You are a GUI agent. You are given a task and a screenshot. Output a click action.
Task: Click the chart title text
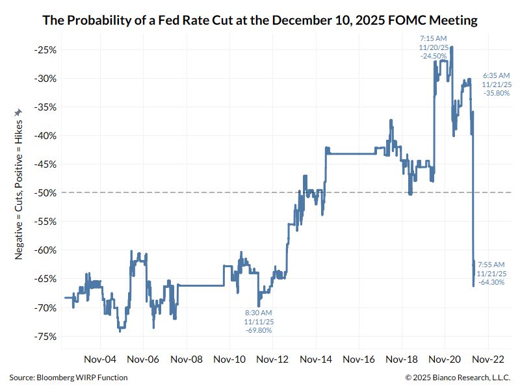260,21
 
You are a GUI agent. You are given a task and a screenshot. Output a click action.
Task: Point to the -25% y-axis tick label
46,50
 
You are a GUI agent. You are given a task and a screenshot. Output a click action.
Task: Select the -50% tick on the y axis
46,193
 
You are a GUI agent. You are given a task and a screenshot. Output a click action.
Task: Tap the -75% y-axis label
46,336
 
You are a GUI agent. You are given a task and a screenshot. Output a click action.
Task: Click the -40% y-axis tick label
46,136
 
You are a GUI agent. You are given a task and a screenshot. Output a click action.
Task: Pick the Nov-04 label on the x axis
100,358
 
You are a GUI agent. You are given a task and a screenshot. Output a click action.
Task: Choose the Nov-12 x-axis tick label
272,358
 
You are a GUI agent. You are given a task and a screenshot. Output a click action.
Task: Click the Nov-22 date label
487,358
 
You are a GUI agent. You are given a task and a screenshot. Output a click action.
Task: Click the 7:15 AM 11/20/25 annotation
433,47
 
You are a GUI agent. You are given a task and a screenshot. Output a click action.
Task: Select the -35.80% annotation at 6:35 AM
497,84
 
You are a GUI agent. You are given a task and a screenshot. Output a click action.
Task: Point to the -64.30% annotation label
491,274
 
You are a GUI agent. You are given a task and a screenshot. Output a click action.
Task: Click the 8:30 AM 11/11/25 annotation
258,321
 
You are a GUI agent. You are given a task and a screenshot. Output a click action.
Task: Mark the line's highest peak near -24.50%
451,47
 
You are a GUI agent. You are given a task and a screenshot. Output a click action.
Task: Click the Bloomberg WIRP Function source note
68,378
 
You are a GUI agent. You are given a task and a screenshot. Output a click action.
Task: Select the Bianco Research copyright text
458,378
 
